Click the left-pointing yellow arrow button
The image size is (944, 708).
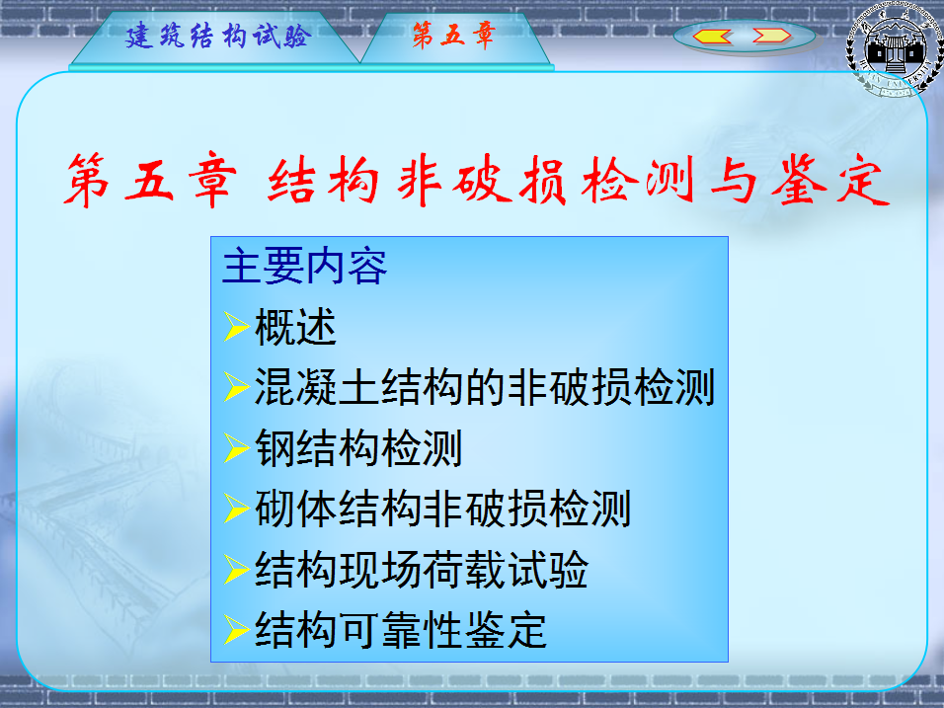pos(712,37)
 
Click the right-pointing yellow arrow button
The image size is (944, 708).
pos(772,37)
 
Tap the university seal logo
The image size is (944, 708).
pos(896,49)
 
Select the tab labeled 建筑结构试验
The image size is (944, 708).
pos(218,37)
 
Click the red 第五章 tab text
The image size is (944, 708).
pos(453,35)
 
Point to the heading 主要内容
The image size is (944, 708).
pos(305,267)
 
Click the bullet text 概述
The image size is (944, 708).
pos(295,328)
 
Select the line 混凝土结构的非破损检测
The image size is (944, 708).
pos(485,388)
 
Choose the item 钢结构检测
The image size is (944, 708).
pos(358,448)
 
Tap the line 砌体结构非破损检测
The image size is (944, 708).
pos(442,509)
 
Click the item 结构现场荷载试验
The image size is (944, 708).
pos(422,570)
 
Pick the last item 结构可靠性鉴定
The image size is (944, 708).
pos(401,630)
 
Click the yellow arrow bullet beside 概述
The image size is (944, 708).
pos(237,327)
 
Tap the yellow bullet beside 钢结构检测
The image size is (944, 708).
pos(237,448)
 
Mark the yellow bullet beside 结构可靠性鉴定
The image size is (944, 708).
pos(237,630)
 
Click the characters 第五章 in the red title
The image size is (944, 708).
pos(150,180)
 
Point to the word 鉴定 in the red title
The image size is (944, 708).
pos(830,180)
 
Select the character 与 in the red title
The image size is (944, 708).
pos(734,181)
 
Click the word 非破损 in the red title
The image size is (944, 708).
pos(482,180)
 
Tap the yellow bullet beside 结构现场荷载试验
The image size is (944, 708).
pos(237,569)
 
